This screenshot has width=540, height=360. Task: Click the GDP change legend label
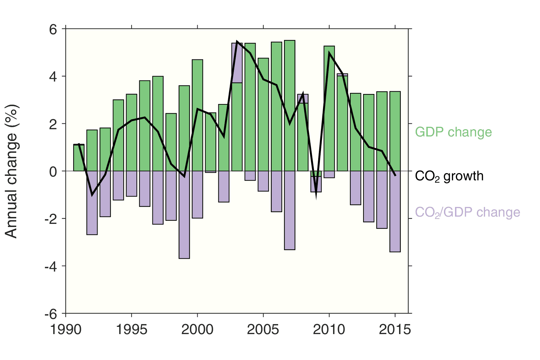453,132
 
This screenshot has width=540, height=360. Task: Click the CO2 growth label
449,176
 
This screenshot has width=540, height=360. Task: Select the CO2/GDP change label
467,212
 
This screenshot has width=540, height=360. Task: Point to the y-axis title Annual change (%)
12,171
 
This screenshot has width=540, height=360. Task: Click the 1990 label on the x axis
66,330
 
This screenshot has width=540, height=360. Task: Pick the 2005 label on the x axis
263,330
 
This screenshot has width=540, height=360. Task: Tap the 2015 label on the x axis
395,330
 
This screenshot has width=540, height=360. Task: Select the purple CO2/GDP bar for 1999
184,214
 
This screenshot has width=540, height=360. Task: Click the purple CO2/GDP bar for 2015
395,211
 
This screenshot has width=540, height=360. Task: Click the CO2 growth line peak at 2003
237,41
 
